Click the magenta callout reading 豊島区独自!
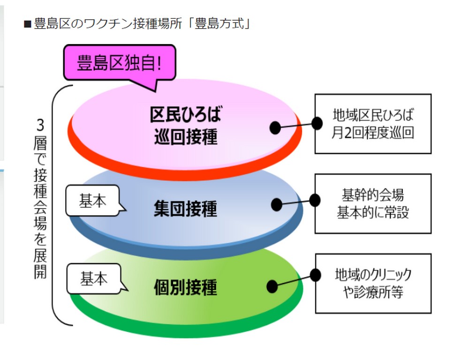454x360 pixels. pyautogui.click(x=119, y=63)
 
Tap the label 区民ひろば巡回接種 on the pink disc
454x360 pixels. pyautogui.click(x=186, y=125)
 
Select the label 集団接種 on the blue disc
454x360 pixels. pyautogui.click(x=185, y=209)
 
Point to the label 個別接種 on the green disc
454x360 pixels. pyautogui.click(x=185, y=287)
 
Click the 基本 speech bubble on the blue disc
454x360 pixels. pyautogui.click(x=93, y=201)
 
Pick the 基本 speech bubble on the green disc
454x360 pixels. pyautogui.click(x=94, y=279)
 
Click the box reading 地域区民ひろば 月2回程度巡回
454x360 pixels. pyautogui.click(x=373, y=124)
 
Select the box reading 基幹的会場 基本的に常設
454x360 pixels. pyautogui.click(x=373, y=203)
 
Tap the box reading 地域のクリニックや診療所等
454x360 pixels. pyautogui.click(x=373, y=283)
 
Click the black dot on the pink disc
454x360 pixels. pyautogui.click(x=275, y=127)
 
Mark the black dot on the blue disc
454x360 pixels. pyautogui.click(x=277, y=204)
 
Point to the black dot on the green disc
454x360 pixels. pyautogui.click(x=272, y=286)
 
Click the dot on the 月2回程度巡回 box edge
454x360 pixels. pyautogui.click(x=317, y=124)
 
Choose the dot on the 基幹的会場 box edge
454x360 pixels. pyautogui.click(x=315, y=200)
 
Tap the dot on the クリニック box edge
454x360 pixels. pyautogui.click(x=315, y=275)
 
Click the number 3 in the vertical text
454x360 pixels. pyautogui.click(x=40, y=125)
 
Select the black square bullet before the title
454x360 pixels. pyautogui.click(x=28, y=24)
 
